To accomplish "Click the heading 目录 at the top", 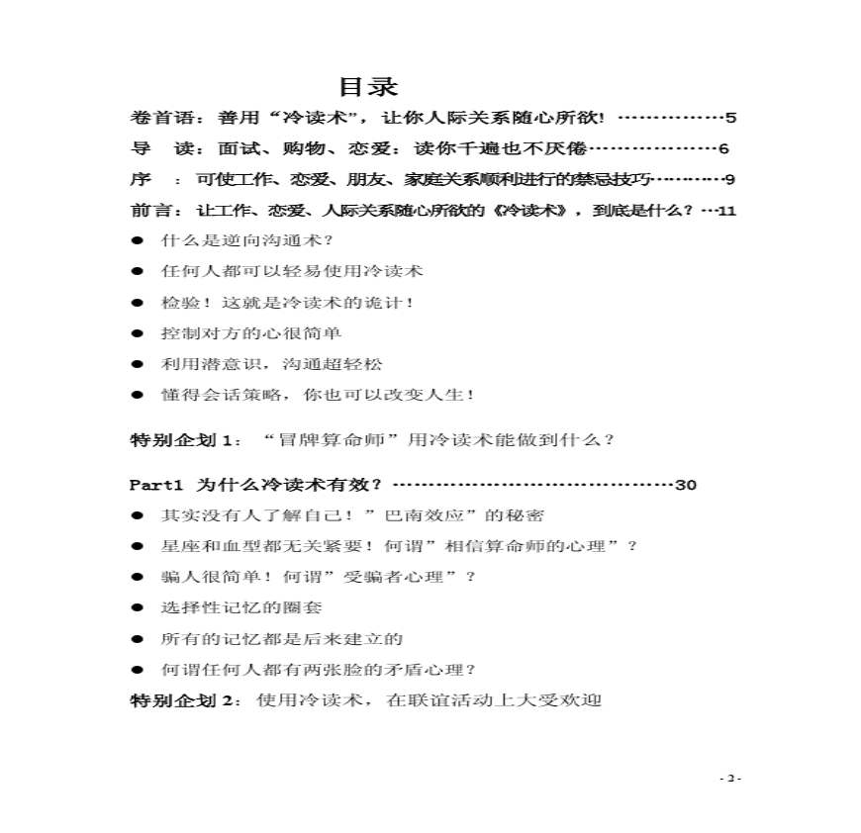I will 368,86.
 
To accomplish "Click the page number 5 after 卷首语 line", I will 730,118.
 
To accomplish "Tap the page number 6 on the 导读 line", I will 723,148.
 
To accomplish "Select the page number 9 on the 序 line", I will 729,179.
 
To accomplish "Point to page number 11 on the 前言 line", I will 726,211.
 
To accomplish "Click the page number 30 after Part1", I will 686,485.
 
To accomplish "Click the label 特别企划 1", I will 185,439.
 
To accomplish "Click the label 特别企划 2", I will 185,700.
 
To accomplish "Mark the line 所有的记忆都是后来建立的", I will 282,639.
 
